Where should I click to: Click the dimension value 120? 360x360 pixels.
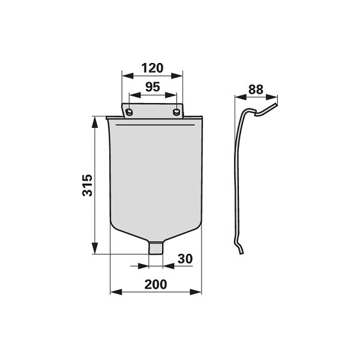[x=152, y=68]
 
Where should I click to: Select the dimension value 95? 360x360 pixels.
[x=152, y=87]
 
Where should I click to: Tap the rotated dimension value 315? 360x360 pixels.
[x=87, y=185]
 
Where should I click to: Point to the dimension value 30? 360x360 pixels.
[x=185, y=259]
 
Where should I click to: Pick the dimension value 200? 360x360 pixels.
[x=155, y=284]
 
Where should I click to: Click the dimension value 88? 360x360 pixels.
[x=256, y=89]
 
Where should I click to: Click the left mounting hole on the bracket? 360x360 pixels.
[x=129, y=112]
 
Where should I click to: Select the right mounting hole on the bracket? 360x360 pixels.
[x=176, y=112]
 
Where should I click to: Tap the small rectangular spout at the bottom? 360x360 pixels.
[x=155, y=247]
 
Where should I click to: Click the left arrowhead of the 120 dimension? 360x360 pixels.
[x=127, y=76]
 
